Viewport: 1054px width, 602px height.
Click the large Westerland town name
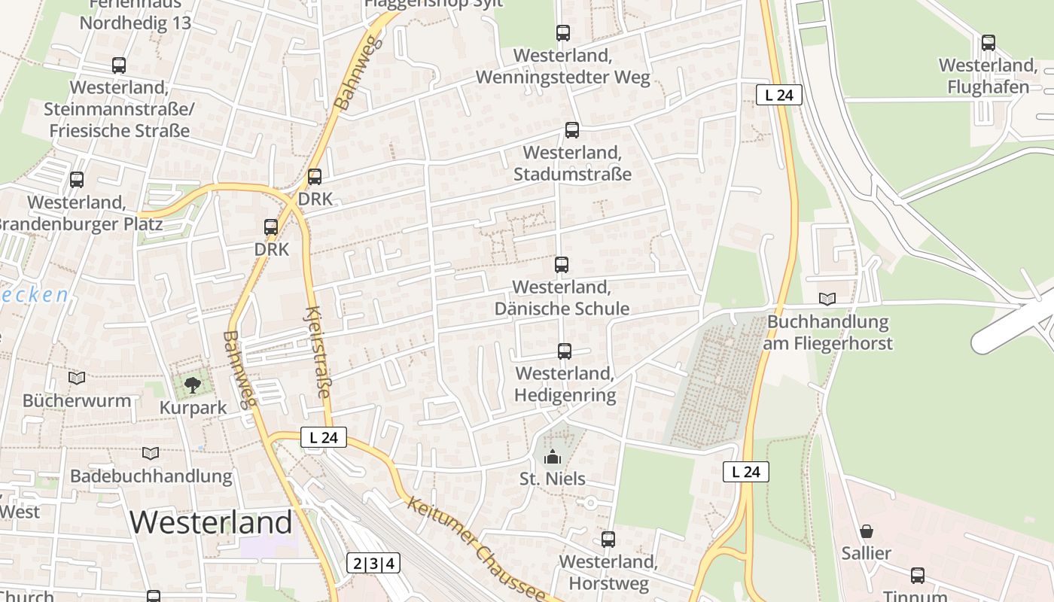(211, 522)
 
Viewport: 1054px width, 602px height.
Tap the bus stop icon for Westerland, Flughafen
(989, 43)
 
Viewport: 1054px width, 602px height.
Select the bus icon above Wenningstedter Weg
(563, 32)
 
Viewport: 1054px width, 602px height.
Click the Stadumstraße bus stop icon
(572, 130)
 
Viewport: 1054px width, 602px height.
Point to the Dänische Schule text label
(562, 308)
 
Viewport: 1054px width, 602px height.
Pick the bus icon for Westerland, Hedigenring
(565, 351)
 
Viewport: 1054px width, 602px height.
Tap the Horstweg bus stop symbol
(608, 540)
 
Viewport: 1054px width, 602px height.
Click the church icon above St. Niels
(553, 457)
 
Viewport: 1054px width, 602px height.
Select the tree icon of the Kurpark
(193, 385)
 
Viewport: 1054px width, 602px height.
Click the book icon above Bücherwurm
(77, 378)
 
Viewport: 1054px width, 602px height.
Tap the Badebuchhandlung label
(151, 476)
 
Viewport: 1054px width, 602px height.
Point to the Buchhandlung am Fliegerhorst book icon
(827, 299)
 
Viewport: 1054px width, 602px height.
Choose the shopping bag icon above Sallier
(867, 531)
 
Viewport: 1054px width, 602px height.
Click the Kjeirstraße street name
(318, 351)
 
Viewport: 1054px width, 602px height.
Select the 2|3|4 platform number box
(373, 563)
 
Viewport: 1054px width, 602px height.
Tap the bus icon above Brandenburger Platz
(77, 180)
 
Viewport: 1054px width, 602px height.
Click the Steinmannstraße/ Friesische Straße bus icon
(119, 65)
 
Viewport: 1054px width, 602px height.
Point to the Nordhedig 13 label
(136, 23)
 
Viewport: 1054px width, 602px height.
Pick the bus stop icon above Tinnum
(918, 576)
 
